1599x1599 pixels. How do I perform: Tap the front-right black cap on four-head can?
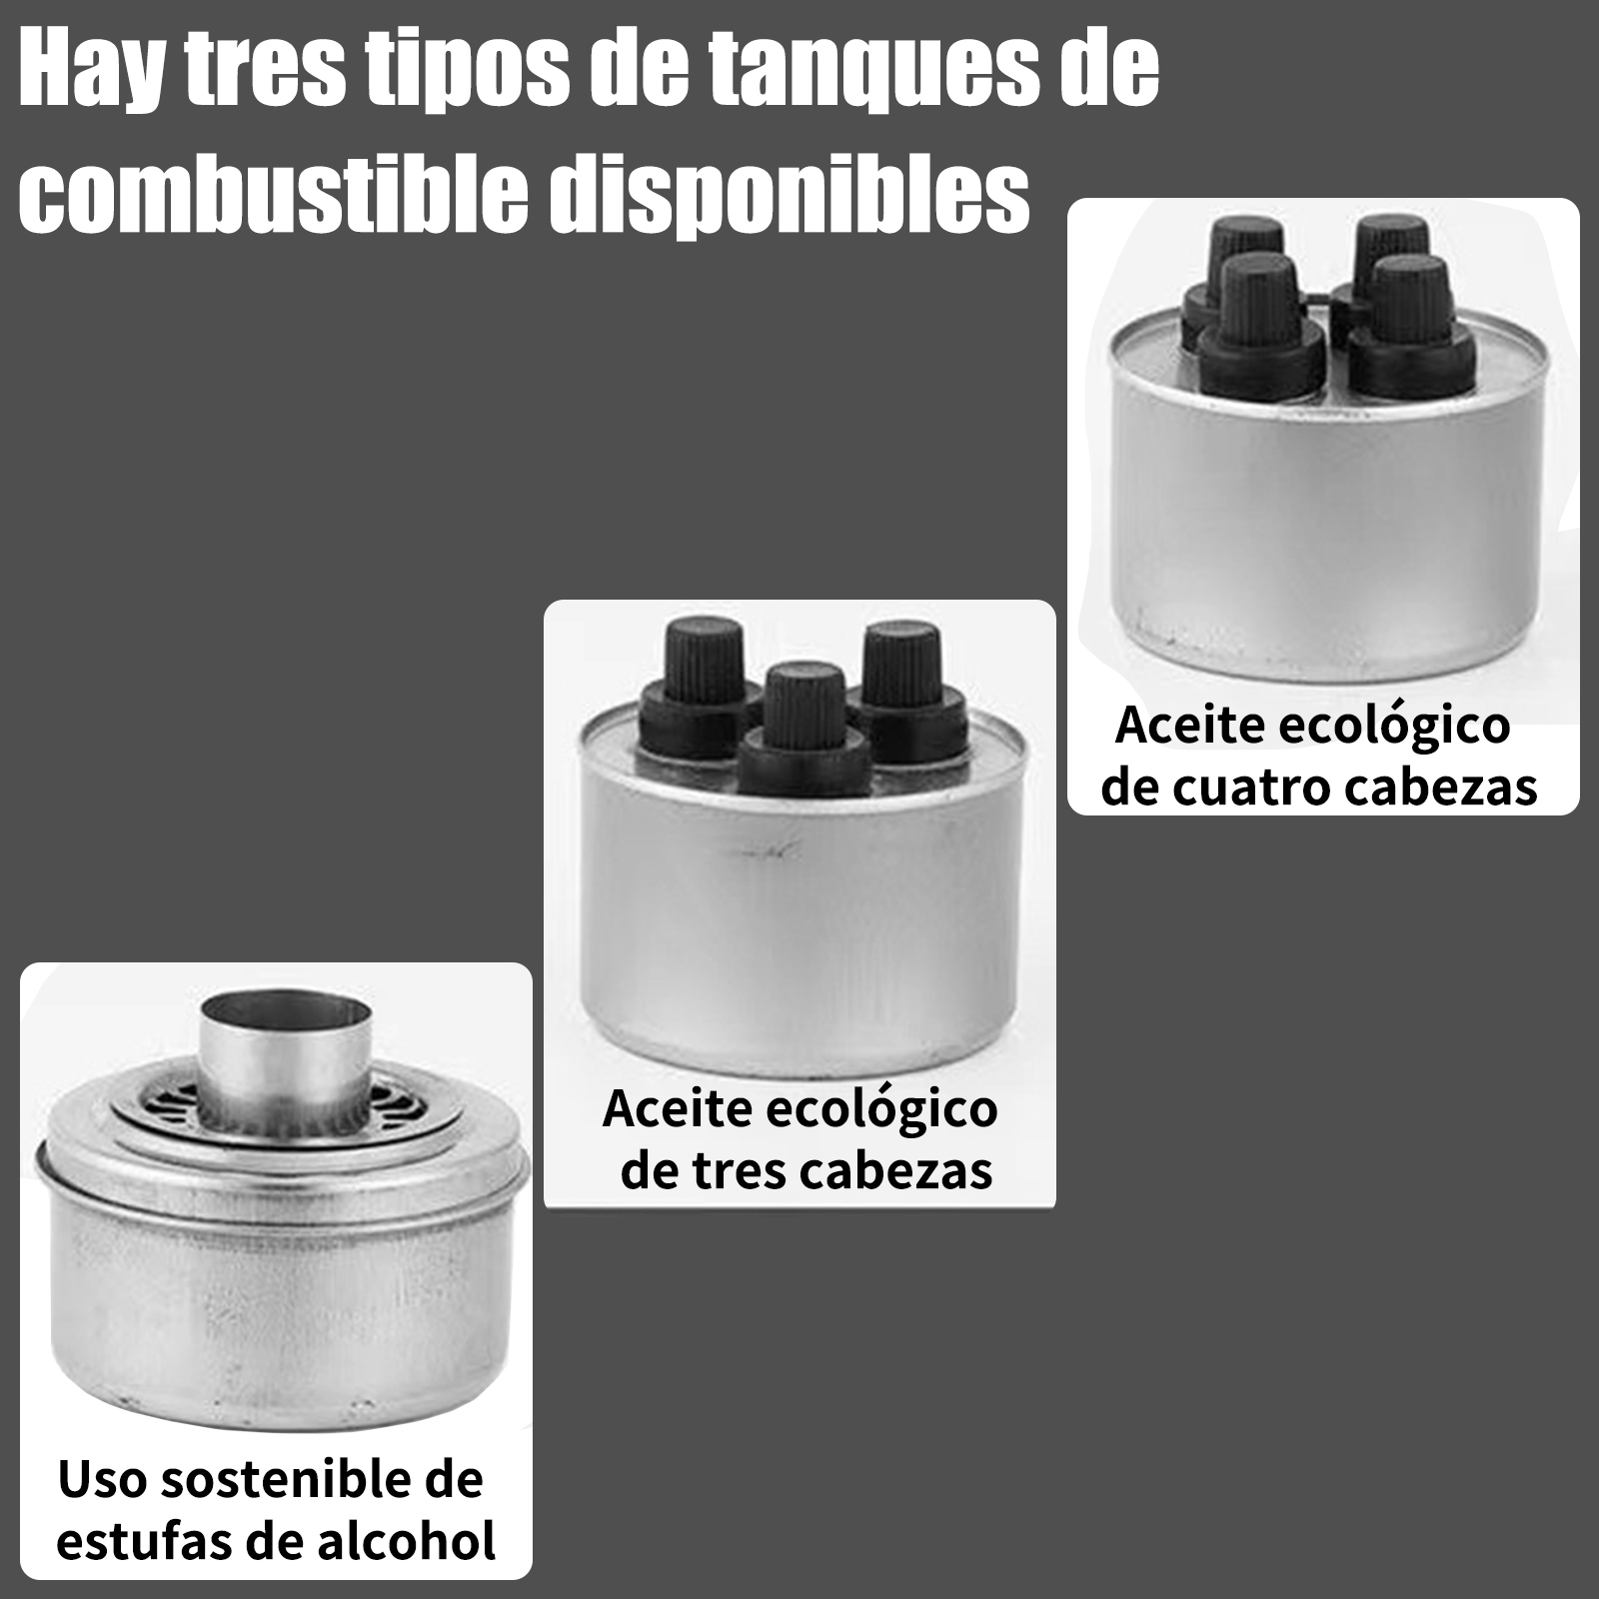(1408, 326)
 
